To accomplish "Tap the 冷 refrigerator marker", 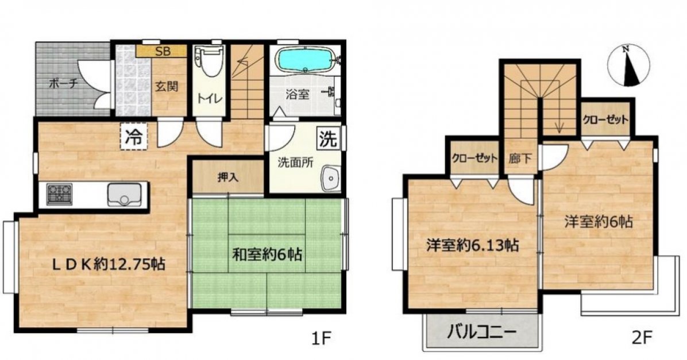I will (133, 137).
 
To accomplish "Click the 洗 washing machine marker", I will (328, 138).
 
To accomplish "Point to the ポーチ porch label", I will (63, 82).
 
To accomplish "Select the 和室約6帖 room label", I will (268, 252).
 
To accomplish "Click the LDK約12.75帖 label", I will (102, 264).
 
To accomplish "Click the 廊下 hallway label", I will (520, 158).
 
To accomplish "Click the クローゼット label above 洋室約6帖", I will (605, 120).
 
